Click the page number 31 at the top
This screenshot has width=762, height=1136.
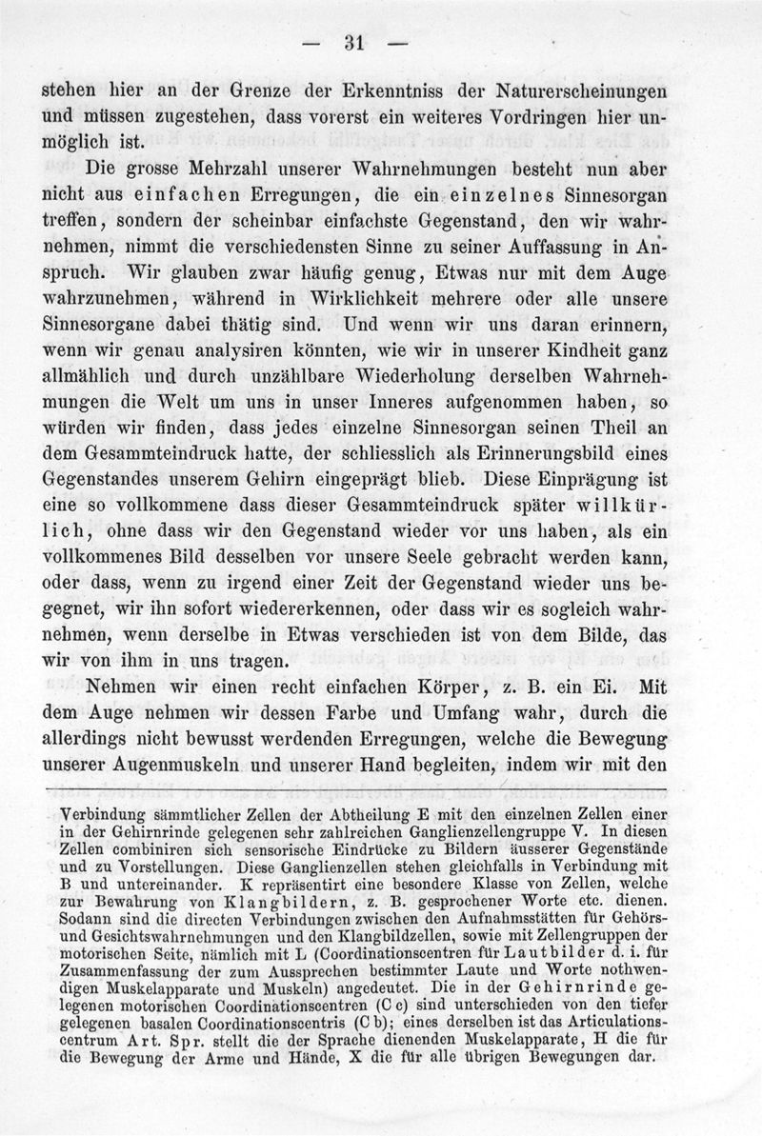tap(358, 43)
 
